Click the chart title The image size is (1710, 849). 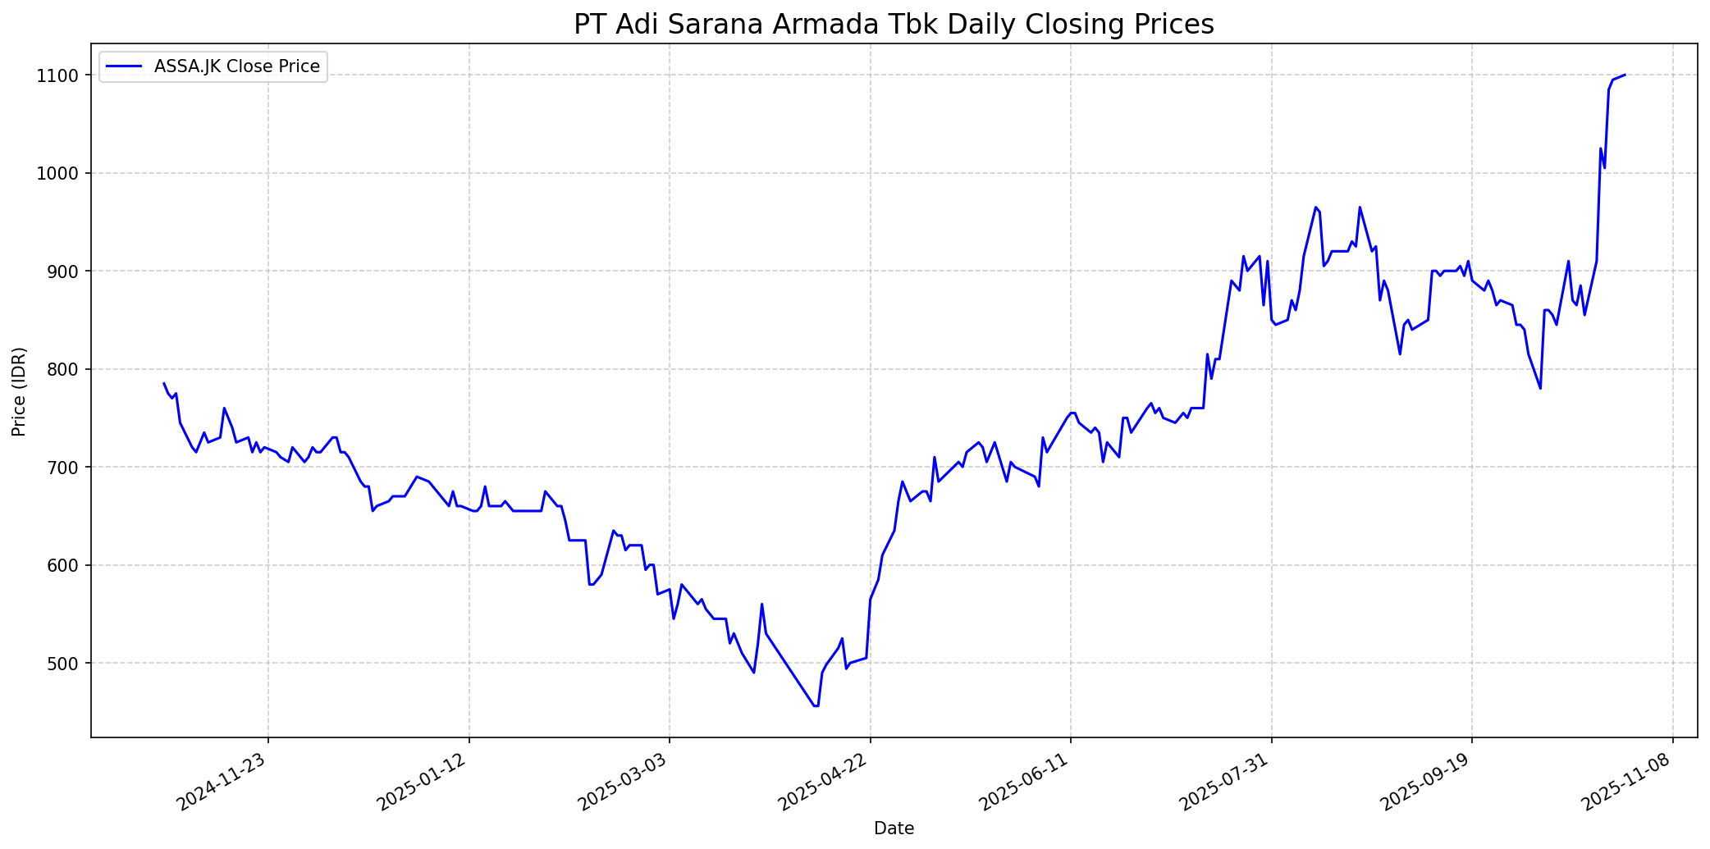[894, 25]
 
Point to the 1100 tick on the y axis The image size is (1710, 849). [63, 75]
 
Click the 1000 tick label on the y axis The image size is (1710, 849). [63, 173]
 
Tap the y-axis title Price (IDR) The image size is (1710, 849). [19, 391]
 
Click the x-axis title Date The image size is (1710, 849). [894, 828]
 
